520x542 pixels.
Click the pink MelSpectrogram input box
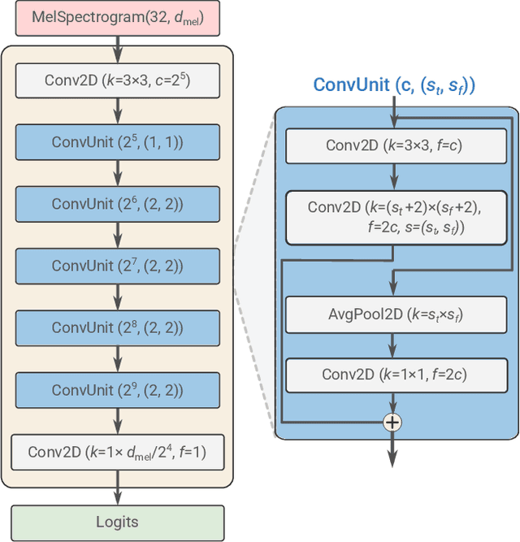click(x=117, y=18)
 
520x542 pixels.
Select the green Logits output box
click(x=117, y=522)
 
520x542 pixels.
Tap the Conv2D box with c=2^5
click(x=117, y=80)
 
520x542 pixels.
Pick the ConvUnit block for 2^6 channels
click(x=117, y=203)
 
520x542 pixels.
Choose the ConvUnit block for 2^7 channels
click(x=117, y=266)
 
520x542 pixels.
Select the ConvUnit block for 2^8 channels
click(x=117, y=327)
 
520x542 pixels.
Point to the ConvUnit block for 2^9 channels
click(x=117, y=389)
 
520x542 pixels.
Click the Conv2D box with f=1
click(x=117, y=452)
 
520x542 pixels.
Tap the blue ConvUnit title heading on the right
click(x=394, y=85)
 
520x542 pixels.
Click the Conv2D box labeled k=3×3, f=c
click(x=394, y=145)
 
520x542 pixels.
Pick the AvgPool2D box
click(x=394, y=314)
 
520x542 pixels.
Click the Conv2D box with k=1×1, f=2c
click(x=394, y=374)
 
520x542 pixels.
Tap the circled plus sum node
click(x=393, y=422)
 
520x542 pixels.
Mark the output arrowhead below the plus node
click(x=393, y=460)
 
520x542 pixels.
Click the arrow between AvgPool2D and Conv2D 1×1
click(x=394, y=345)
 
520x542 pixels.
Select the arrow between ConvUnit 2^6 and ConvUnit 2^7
click(x=117, y=235)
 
